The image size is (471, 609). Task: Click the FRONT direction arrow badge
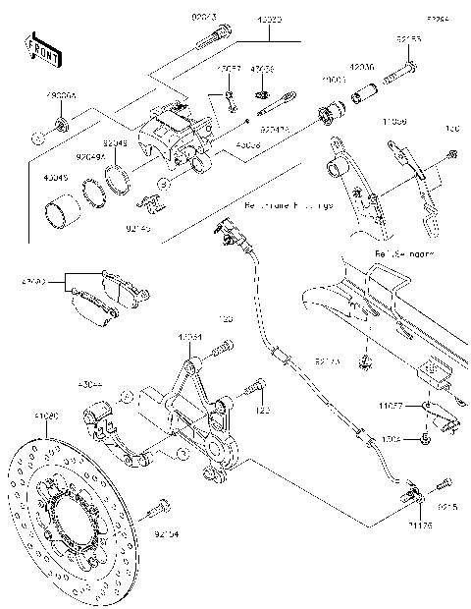38,47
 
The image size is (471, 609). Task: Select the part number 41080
21,416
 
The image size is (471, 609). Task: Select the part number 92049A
91,155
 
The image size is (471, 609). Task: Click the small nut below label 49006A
62,124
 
